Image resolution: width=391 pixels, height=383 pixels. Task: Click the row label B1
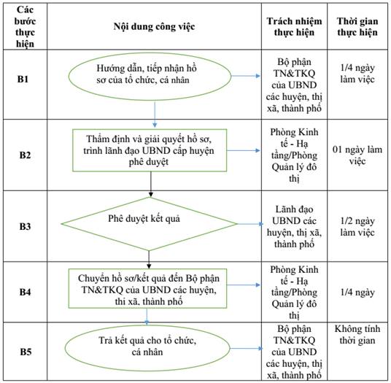coord(23,80)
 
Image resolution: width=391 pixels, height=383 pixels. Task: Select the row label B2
coord(25,155)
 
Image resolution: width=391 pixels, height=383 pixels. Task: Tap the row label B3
coord(25,226)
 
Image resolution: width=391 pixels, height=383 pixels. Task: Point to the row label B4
coord(25,292)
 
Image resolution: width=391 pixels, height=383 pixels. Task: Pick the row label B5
coord(26,352)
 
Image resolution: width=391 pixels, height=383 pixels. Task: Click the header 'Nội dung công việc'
coord(154,26)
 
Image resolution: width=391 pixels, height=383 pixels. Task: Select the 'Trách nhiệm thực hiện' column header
coord(294,27)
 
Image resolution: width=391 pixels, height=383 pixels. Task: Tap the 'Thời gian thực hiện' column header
coord(357,27)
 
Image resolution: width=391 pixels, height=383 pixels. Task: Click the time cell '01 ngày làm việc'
coord(357,155)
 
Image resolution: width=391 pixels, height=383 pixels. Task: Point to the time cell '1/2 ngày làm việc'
coord(357,226)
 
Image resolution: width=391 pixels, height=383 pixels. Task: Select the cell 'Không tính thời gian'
coord(357,335)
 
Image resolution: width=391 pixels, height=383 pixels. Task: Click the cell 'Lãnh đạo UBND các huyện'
coord(294,226)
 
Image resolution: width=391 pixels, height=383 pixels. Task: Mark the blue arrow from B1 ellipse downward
coord(155,114)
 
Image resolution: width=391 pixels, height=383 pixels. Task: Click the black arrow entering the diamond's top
coord(150,185)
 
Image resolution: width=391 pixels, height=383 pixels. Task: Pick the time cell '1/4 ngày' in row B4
coord(357,292)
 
